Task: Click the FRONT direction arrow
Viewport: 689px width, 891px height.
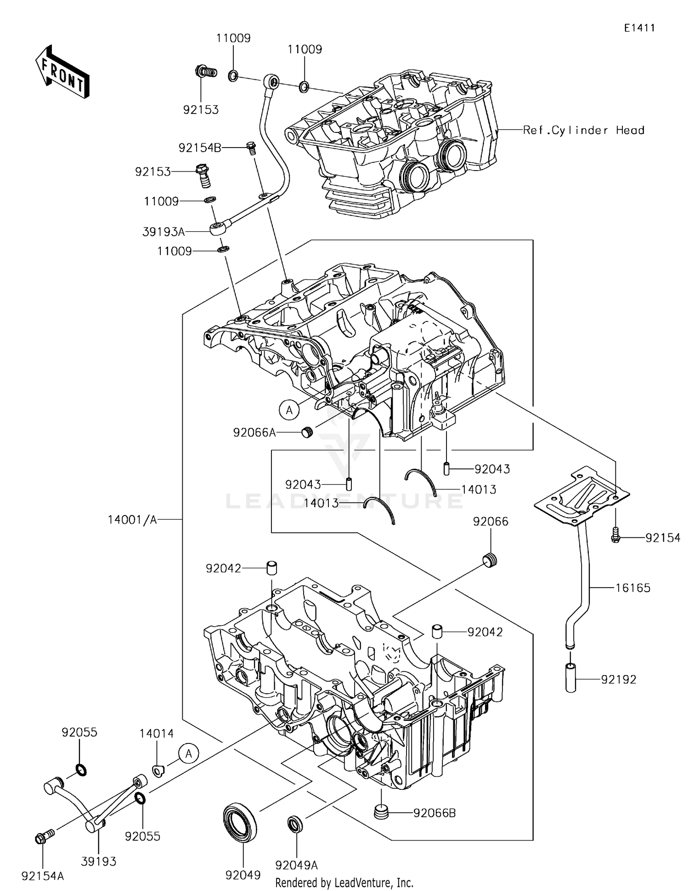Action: (62, 72)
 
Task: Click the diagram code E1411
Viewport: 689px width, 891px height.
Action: (639, 28)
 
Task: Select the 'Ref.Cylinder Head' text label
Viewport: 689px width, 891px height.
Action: (583, 131)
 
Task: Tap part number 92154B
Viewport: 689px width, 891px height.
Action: (200, 148)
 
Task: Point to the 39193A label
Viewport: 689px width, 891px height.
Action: (164, 232)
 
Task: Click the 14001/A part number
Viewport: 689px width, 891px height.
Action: (132, 520)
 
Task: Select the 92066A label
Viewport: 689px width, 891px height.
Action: (254, 433)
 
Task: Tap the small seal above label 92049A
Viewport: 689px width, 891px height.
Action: (295, 824)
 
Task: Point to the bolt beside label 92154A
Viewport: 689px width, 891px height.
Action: (43, 838)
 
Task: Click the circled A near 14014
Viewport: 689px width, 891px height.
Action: (189, 754)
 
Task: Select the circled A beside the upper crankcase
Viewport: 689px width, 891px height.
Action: (289, 410)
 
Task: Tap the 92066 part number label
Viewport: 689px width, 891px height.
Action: (491, 521)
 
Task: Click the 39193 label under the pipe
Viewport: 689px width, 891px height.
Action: (99, 862)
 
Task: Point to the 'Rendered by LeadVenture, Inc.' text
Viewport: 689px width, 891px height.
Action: (344, 882)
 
